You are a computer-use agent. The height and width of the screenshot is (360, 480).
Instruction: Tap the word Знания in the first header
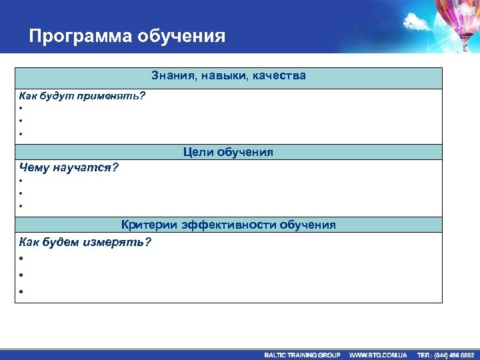pos(172,76)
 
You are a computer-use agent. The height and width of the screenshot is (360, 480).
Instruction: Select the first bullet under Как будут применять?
pos(21,109)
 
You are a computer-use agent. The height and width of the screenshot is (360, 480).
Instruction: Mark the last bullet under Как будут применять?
pos(21,134)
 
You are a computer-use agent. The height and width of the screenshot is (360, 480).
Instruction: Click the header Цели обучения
pos(228,153)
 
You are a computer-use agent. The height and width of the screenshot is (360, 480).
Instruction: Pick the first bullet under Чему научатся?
pos(21,181)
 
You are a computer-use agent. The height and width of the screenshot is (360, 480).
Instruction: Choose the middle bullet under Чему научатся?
pos(21,193)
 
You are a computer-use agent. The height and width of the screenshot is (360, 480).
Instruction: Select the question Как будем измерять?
pos(85,242)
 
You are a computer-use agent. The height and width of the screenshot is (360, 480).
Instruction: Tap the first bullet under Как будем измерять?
pos(21,258)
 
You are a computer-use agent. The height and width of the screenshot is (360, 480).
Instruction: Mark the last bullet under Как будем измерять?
pos(21,291)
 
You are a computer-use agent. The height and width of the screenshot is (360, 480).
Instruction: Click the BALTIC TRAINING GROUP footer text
pos(302,355)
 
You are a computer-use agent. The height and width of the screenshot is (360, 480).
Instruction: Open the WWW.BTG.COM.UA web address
pos(378,355)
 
